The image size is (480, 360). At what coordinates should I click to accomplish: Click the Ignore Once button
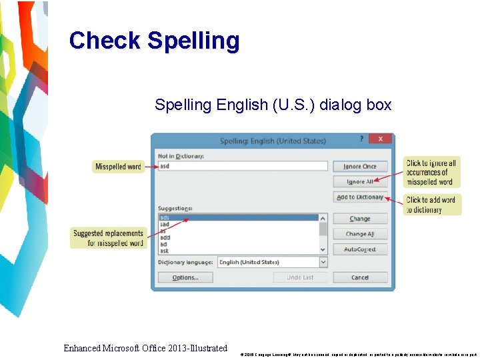pyautogui.click(x=360, y=167)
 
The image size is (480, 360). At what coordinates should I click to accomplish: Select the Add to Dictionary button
pyautogui.click(x=360, y=197)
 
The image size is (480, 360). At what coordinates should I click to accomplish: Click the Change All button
pyautogui.click(x=360, y=234)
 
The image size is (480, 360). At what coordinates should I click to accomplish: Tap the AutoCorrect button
pyautogui.click(x=360, y=249)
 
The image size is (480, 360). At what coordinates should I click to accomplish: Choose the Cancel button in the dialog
pyautogui.click(x=360, y=277)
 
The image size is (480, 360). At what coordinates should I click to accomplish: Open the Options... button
pyautogui.click(x=185, y=277)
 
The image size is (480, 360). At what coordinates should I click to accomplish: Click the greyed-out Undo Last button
pyautogui.click(x=300, y=277)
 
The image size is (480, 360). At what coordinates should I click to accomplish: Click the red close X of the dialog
pyautogui.click(x=380, y=139)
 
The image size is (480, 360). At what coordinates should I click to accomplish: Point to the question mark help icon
pyautogui.click(x=362, y=139)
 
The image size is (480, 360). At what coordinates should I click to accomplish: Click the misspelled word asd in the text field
pyautogui.click(x=165, y=166)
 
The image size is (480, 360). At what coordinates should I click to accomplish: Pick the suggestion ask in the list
pyautogui.click(x=165, y=251)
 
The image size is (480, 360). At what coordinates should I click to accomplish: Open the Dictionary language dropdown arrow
pyautogui.click(x=323, y=262)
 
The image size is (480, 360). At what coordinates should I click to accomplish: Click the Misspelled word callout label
pyautogui.click(x=118, y=167)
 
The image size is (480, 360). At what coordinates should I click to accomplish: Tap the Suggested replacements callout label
pyautogui.click(x=108, y=238)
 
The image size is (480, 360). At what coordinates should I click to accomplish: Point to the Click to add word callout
pyautogui.click(x=432, y=205)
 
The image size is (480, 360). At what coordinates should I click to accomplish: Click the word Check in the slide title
pyautogui.click(x=105, y=41)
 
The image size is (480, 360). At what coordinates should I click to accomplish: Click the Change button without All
pyautogui.click(x=360, y=219)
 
